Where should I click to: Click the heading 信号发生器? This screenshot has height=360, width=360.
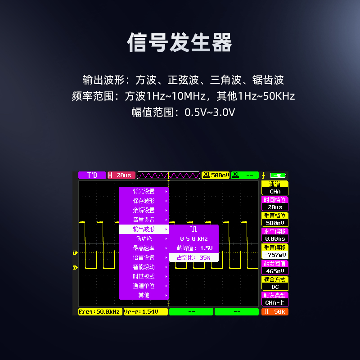pyautogui.click(x=180, y=43)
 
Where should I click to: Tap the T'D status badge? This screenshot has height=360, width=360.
pyautogui.click(x=92, y=175)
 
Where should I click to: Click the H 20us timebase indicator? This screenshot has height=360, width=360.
pyautogui.click(x=121, y=175)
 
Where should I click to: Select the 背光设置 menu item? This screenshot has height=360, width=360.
pyautogui.click(x=144, y=191)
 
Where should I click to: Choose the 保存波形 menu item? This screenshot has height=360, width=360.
pyautogui.click(x=144, y=201)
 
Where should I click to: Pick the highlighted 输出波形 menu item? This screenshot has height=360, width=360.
pyautogui.click(x=144, y=229)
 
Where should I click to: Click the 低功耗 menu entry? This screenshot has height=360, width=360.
pyautogui.click(x=144, y=238)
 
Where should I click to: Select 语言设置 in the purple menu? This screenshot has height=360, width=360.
pyautogui.click(x=144, y=257)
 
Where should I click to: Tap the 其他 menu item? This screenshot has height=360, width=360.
pyautogui.click(x=144, y=295)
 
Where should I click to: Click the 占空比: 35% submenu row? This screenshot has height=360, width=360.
pyautogui.click(x=193, y=257)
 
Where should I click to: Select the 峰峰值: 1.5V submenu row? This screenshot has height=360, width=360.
pyautogui.click(x=193, y=248)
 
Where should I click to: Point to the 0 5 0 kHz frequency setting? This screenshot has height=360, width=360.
pyautogui.click(x=193, y=238)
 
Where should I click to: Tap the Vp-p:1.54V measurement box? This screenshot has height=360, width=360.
pyautogui.click(x=145, y=311)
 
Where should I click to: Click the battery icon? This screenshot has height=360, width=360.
pyautogui.click(x=280, y=175)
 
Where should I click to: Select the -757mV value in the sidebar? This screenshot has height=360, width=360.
pyautogui.click(x=275, y=255)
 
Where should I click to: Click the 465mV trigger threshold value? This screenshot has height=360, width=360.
pyautogui.click(x=275, y=271)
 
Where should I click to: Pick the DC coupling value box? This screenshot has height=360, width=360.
pyautogui.click(x=275, y=287)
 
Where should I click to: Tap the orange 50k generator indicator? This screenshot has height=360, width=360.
pyautogui.click(x=275, y=311)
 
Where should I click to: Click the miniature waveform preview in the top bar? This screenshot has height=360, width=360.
pyautogui.click(x=168, y=175)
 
